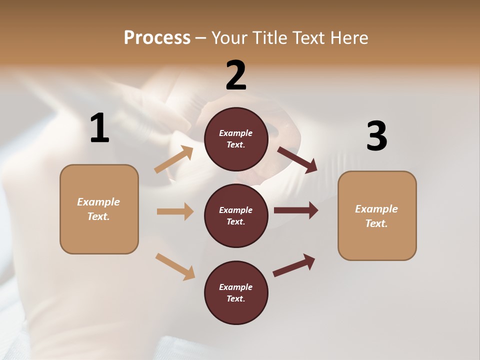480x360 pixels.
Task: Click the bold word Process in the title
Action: pyautogui.click(x=157, y=37)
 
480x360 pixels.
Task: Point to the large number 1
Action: pyautogui.click(x=99, y=128)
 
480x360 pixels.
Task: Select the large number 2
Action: pyautogui.click(x=236, y=75)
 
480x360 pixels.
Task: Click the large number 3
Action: pyautogui.click(x=376, y=136)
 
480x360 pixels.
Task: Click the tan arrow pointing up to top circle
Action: pyautogui.click(x=173, y=160)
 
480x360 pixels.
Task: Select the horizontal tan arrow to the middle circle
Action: pyautogui.click(x=175, y=211)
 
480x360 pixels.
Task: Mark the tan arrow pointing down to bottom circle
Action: pyautogui.click(x=175, y=266)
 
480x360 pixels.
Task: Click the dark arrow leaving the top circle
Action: pyautogui.click(x=297, y=160)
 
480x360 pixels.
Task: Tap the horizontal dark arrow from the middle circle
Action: pyautogui.click(x=296, y=210)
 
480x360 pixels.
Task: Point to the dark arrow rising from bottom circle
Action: pyautogui.click(x=294, y=265)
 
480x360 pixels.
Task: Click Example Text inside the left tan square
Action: pyautogui.click(x=98, y=209)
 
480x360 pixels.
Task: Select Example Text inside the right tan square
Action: pyautogui.click(x=376, y=216)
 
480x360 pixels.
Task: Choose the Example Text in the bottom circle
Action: pyautogui.click(x=236, y=292)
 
